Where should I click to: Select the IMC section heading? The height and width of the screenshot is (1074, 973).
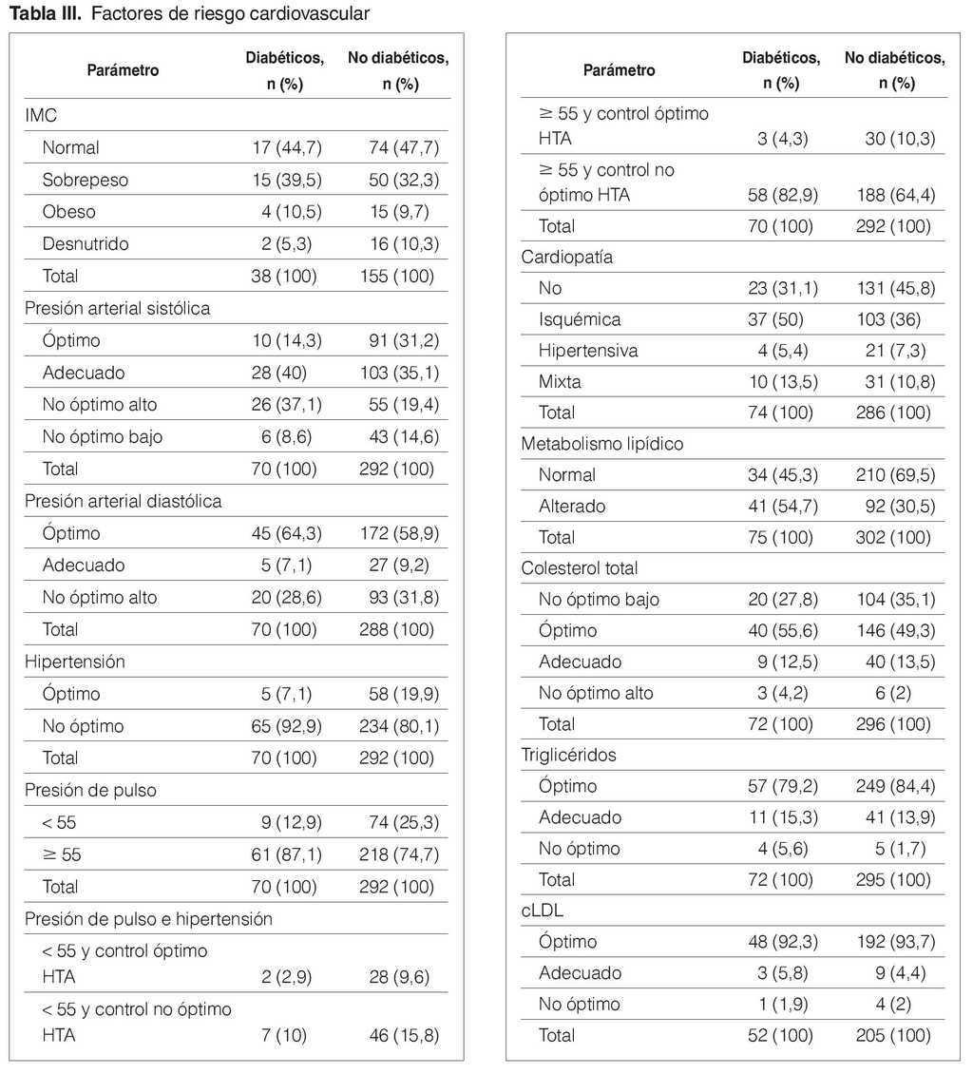tap(40, 115)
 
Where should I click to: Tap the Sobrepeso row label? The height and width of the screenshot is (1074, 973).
tap(86, 180)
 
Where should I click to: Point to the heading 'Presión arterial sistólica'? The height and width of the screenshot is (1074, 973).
tap(117, 308)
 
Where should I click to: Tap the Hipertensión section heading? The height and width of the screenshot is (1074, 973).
tap(75, 661)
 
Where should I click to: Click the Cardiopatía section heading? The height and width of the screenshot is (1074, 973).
tap(567, 257)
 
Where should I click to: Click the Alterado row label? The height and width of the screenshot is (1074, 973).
tap(572, 506)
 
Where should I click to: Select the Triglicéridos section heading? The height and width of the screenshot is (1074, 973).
tap(569, 755)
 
